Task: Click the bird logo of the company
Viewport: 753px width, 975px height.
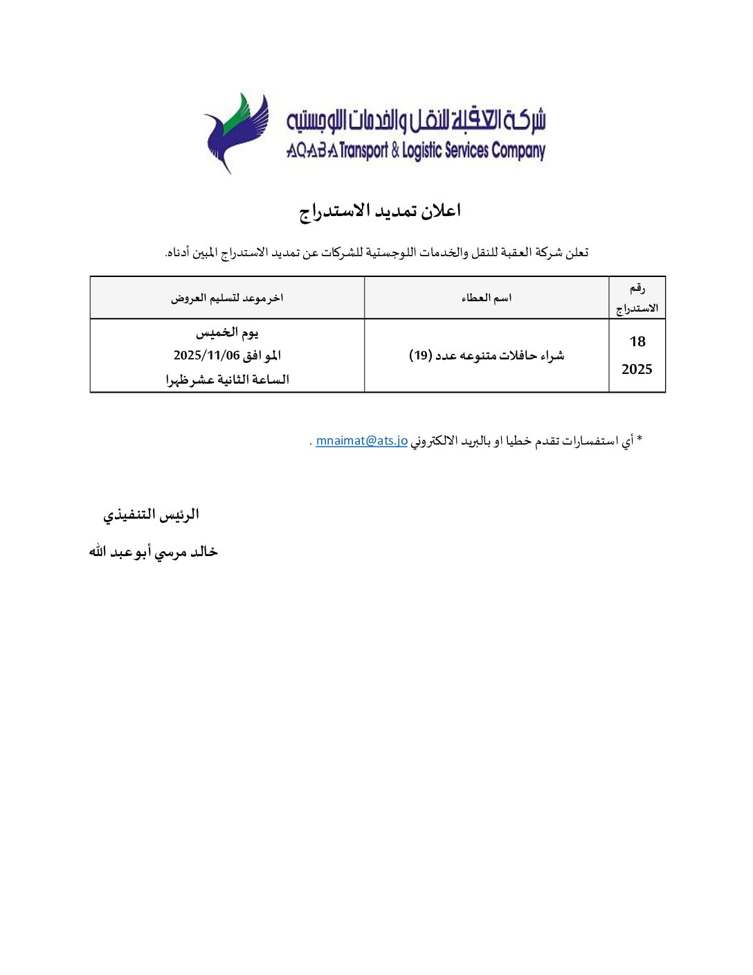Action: pyautogui.click(x=235, y=132)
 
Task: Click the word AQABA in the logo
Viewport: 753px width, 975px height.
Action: pyautogui.click(x=312, y=151)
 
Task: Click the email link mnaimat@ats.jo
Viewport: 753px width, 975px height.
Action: pyautogui.click(x=361, y=440)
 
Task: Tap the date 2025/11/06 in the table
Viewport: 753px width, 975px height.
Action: pyautogui.click(x=206, y=356)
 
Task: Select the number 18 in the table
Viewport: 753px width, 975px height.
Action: pyautogui.click(x=637, y=341)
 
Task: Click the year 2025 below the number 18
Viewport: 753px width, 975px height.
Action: pyautogui.click(x=637, y=369)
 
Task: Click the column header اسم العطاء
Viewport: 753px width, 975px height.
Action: pyautogui.click(x=487, y=298)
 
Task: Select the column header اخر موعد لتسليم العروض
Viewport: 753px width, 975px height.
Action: pyautogui.click(x=227, y=298)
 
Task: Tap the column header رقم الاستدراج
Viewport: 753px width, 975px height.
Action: pyautogui.click(x=637, y=298)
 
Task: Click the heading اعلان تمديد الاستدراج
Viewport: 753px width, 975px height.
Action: pyautogui.click(x=380, y=211)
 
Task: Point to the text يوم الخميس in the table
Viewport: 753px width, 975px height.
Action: pyautogui.click(x=227, y=332)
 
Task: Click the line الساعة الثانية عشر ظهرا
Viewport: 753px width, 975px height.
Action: pyautogui.click(x=227, y=379)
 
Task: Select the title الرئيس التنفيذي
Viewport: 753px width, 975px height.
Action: pyautogui.click(x=151, y=515)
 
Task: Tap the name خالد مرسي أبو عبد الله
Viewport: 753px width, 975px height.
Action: pyautogui.click(x=153, y=552)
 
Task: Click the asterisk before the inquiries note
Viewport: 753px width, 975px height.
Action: pyautogui.click(x=639, y=439)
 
